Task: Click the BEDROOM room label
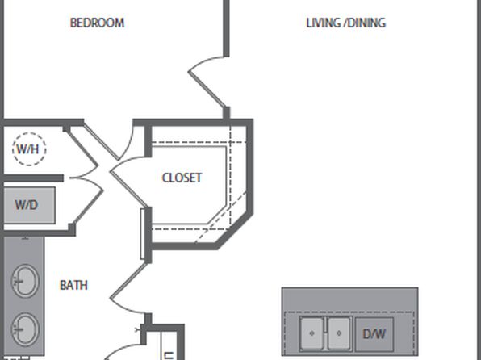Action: tap(97, 23)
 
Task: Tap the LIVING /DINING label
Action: tap(345, 23)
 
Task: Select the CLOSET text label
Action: tap(182, 178)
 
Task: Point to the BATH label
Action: tap(73, 286)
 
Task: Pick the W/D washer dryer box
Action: tap(29, 205)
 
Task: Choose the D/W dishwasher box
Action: tap(374, 334)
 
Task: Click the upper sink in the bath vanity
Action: tap(25, 281)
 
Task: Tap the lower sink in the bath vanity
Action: tap(25, 329)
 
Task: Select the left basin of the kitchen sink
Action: tap(312, 333)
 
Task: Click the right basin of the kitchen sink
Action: tap(339, 333)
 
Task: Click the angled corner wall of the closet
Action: tap(235, 231)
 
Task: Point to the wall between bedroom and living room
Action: tap(227, 28)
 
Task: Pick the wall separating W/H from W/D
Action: tap(33, 178)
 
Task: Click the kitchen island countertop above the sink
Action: tap(349, 299)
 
